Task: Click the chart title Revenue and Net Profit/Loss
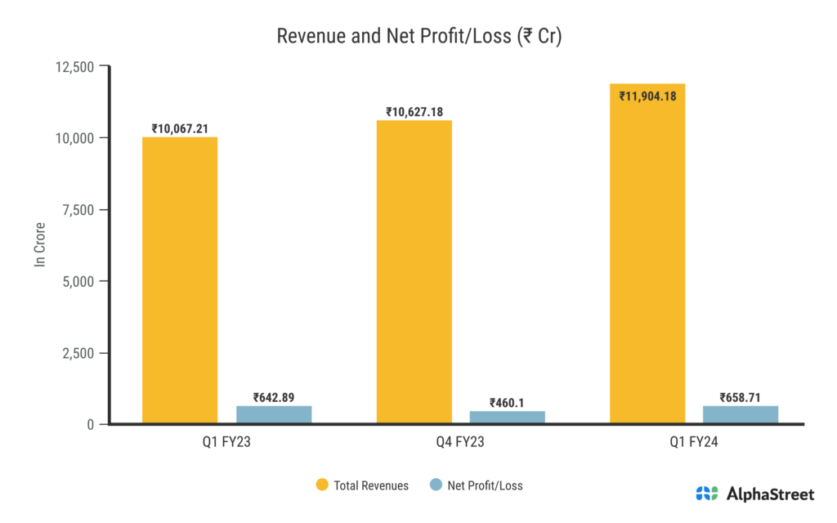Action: point(418,36)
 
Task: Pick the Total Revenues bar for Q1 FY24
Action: point(647,254)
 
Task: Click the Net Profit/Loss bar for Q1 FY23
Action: point(274,415)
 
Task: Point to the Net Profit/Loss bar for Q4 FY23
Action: point(508,418)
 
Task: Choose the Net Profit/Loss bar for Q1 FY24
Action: point(741,415)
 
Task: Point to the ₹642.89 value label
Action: point(274,398)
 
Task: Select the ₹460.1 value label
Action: point(507,402)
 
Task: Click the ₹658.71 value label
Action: point(741,398)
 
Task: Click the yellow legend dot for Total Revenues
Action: point(322,485)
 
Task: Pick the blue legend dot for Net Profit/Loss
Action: point(435,485)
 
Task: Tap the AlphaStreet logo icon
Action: point(707,494)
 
